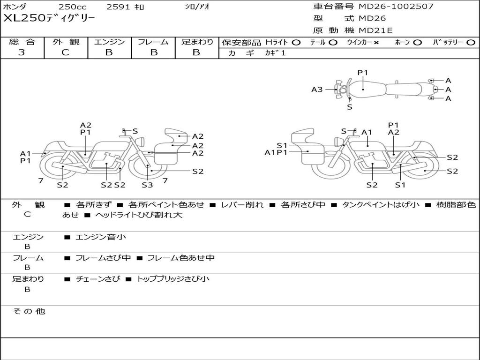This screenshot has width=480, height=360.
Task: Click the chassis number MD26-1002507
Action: click(396, 7)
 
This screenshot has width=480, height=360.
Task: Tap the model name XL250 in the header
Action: click(24, 18)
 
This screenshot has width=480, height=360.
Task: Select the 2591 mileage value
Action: click(119, 7)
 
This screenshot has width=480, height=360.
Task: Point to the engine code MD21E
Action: click(375, 31)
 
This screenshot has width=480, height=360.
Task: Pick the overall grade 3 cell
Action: click(22, 52)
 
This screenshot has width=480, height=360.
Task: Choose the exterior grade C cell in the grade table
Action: click(66, 52)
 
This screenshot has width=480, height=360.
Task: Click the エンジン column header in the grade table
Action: click(109, 42)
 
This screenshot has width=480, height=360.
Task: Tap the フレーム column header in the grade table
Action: click(153, 42)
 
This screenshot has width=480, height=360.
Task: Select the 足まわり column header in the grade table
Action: click(197, 42)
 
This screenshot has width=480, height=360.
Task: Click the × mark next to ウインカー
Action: click(376, 43)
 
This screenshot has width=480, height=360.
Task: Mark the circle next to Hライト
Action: click(296, 43)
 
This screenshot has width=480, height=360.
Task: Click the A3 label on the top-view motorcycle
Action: click(317, 90)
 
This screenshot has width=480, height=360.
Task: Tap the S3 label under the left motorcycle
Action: click(147, 185)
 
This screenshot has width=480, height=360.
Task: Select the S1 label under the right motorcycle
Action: click(400, 185)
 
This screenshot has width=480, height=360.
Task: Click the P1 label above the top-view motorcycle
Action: click(363, 73)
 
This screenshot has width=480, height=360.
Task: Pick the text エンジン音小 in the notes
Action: click(100, 237)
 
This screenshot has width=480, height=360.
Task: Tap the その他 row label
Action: click(29, 311)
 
